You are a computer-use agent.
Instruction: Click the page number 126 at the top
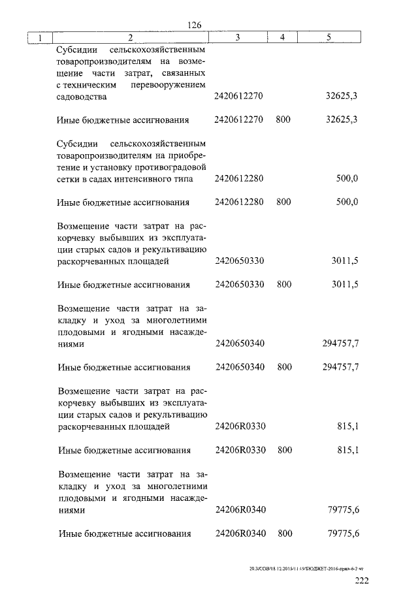click(193, 25)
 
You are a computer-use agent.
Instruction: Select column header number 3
click(238, 38)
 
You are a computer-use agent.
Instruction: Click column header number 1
click(40, 38)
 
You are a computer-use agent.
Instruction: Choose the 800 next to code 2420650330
click(283, 285)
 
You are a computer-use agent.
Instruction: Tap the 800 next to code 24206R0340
click(284, 534)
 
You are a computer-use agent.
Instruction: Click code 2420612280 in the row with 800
click(238, 202)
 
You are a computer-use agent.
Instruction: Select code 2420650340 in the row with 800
click(239, 367)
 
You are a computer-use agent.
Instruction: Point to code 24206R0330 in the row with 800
click(239, 451)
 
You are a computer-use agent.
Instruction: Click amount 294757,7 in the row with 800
click(341, 367)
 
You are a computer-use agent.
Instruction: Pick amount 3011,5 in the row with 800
click(346, 285)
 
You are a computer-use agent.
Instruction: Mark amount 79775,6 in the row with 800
click(344, 534)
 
